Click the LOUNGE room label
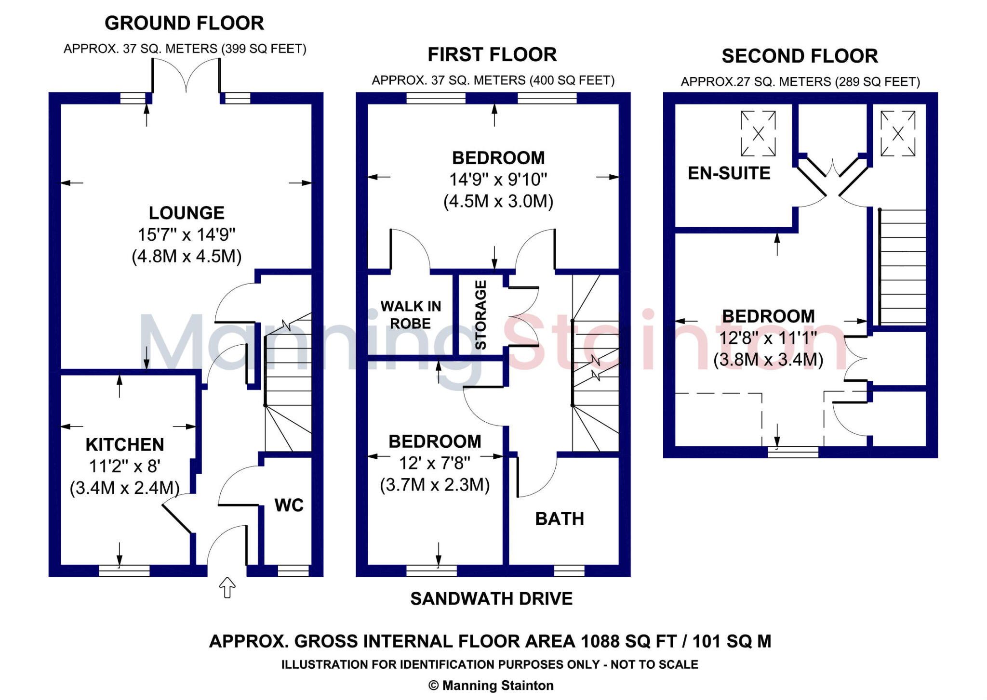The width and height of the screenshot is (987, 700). [187, 213]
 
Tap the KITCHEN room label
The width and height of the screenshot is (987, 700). [125, 444]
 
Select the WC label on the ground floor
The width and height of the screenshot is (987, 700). [289, 505]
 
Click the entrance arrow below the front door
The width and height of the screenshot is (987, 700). [227, 587]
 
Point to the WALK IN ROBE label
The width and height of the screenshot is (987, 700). [411, 315]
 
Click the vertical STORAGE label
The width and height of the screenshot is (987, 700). [481, 314]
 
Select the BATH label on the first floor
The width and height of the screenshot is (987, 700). [560, 519]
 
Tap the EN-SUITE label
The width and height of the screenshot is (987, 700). [729, 173]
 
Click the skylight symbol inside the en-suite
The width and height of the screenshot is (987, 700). [758, 134]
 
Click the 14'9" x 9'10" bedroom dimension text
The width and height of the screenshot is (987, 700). [498, 180]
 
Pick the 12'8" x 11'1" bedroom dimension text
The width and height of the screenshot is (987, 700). [768, 338]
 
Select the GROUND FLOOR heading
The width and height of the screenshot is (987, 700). [184, 23]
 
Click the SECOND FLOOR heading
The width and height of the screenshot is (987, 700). [800, 56]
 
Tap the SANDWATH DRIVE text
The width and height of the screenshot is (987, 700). [492, 598]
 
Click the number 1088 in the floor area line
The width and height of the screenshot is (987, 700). [600, 641]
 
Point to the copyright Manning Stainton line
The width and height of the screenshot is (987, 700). [491, 685]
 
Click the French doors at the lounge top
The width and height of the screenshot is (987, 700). [187, 77]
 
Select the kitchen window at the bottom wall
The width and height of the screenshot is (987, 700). [124, 570]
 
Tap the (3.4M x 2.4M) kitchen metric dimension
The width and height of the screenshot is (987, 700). [125, 488]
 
